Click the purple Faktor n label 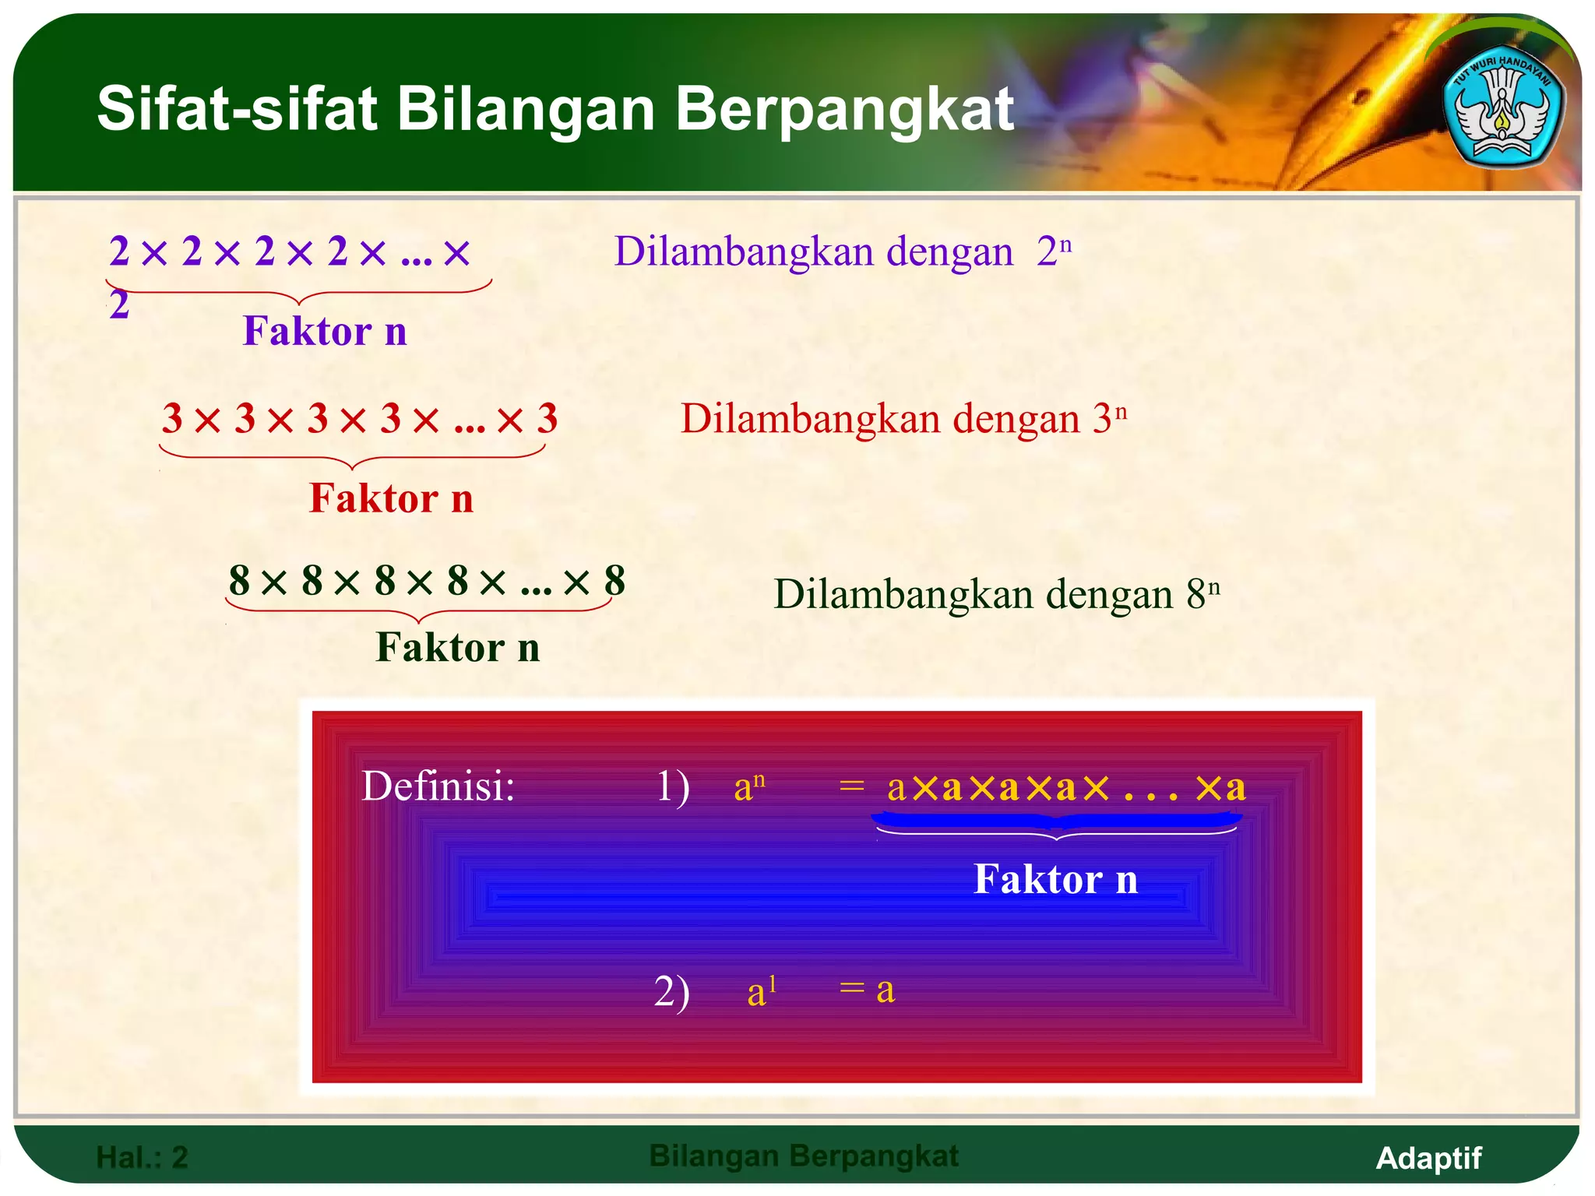click(x=325, y=332)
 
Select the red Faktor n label click(x=391, y=498)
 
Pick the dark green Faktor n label click(x=458, y=648)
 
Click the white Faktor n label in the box click(x=1055, y=880)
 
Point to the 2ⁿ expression click(x=1054, y=252)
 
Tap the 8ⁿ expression click(x=1202, y=594)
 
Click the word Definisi click(x=438, y=786)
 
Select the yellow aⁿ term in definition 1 click(x=749, y=786)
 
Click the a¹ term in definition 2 click(x=762, y=991)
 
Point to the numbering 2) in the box click(x=671, y=991)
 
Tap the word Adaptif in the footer click(x=1428, y=1158)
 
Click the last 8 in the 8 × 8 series click(x=614, y=581)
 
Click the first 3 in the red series click(x=172, y=419)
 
